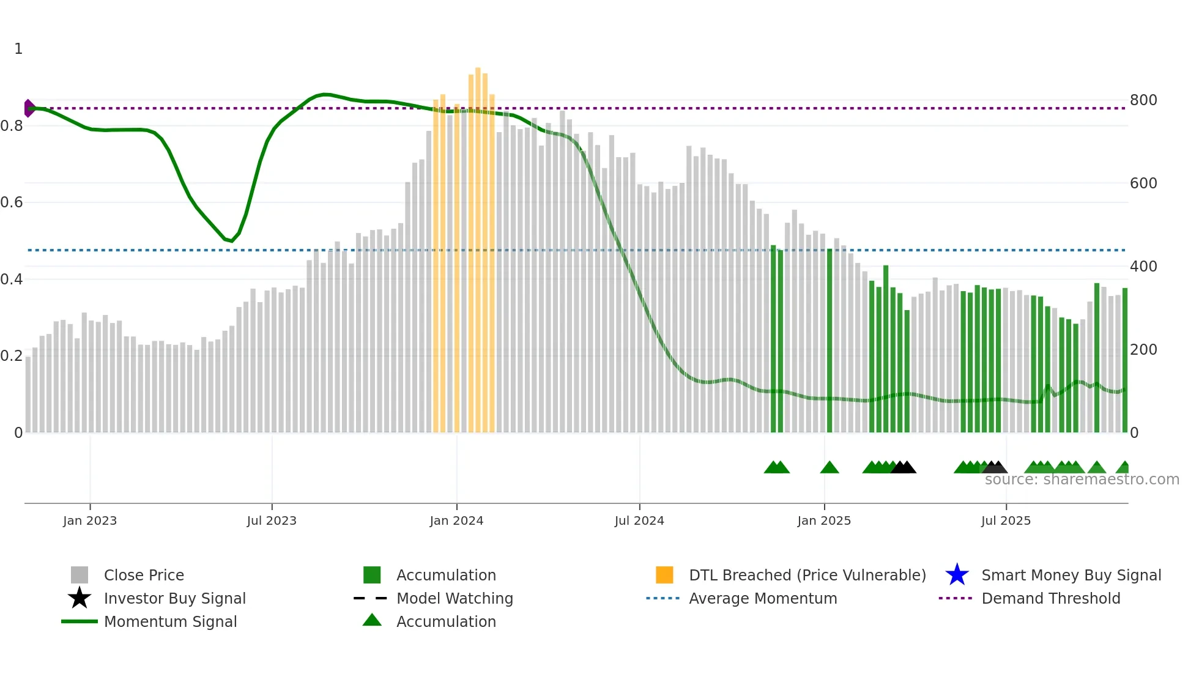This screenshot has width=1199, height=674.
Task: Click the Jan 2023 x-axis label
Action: (89, 520)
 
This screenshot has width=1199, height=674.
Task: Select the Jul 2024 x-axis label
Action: (639, 520)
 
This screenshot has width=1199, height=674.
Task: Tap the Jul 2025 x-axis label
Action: (1006, 520)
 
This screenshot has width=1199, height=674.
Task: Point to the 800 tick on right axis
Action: (1143, 100)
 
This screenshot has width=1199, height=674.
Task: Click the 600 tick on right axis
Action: (1143, 183)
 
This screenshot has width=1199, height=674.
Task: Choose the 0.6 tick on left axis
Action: (12, 202)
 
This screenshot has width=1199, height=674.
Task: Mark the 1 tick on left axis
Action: (18, 49)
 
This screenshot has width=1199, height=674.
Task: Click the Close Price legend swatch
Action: (80, 575)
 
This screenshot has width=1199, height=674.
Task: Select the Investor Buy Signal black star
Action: (80, 598)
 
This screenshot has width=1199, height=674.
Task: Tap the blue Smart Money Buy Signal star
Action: (957, 575)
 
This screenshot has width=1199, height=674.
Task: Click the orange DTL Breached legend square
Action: (664, 575)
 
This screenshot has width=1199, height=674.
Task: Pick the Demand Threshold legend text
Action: (1050, 598)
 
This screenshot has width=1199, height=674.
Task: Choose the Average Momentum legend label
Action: (763, 598)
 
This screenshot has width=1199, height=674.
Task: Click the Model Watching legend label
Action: (455, 598)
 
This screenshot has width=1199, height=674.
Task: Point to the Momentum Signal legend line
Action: (80, 621)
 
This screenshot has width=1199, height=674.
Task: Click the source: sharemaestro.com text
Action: (1082, 480)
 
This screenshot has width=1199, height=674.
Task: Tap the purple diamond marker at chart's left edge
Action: (29, 108)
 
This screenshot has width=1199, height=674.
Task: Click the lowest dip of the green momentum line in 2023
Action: (231, 241)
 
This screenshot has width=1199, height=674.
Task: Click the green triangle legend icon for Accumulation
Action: (372, 621)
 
